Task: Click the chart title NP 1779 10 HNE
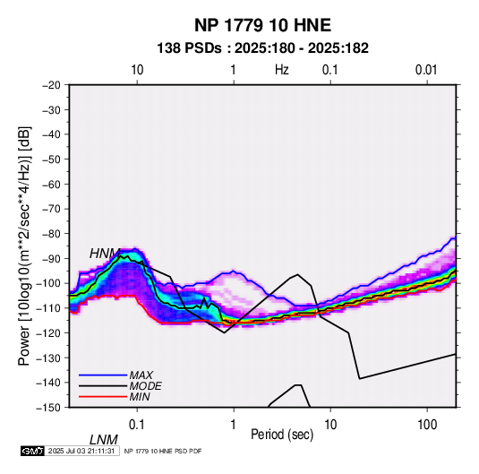262,25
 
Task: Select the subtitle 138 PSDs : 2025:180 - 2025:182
262,48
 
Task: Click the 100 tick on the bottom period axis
427,425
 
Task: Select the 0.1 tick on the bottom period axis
137,425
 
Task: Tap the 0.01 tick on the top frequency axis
426,70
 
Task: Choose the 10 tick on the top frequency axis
137,70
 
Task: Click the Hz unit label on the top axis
282,70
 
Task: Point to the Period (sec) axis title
282,435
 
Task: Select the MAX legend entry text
141,375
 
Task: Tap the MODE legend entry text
145,386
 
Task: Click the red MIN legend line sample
103,397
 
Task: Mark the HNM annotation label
105,254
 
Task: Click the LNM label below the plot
104,440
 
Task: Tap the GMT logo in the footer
32,451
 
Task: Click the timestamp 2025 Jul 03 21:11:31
81,451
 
